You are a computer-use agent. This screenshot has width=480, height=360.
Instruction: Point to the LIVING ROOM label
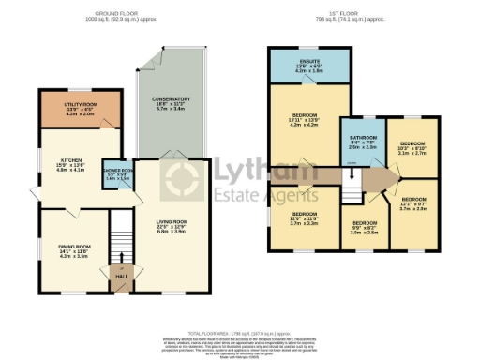click(x=172, y=223)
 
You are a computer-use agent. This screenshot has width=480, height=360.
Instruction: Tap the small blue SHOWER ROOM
click(x=118, y=172)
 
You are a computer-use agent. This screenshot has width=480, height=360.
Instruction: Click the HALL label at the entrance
click(x=120, y=277)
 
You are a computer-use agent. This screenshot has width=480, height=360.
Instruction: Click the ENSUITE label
click(x=309, y=64)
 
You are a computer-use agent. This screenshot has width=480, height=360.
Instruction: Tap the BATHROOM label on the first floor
click(x=361, y=138)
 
